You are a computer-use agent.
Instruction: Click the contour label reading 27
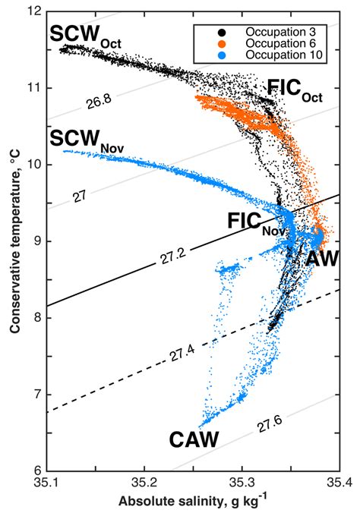pyautogui.click(x=79, y=196)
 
